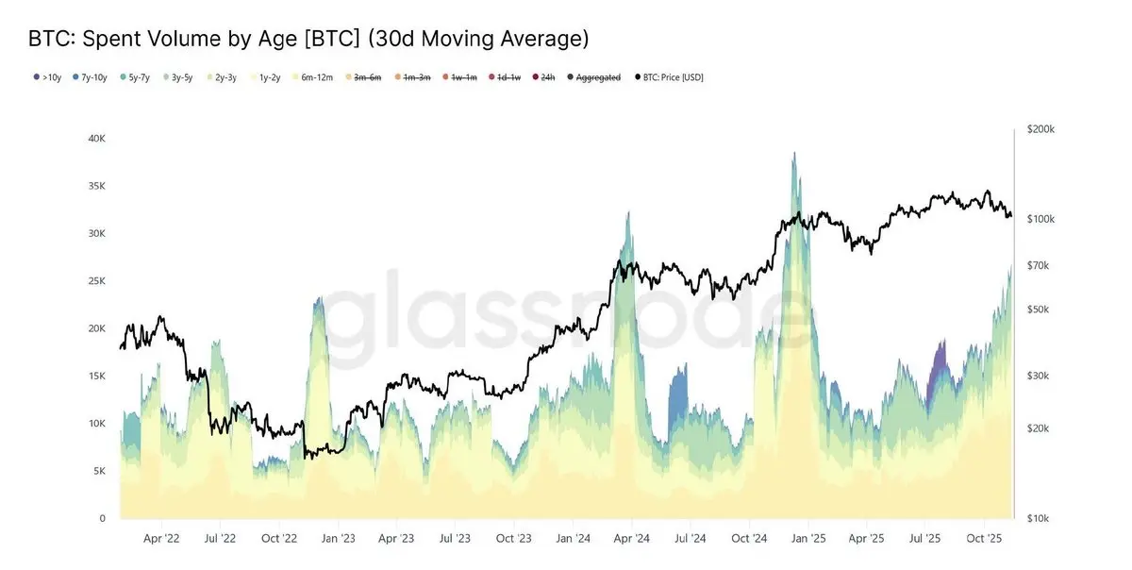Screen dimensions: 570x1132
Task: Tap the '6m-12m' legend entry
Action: pyautogui.click(x=314, y=77)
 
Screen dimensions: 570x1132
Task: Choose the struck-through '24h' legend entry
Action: pyautogui.click(x=544, y=77)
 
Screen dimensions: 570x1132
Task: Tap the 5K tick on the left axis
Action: pyautogui.click(x=98, y=471)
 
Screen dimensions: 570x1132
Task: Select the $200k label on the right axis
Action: pyautogui.click(x=1041, y=128)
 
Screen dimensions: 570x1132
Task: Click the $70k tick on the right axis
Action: pyautogui.click(x=1040, y=266)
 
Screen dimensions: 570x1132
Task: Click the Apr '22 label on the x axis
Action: pyautogui.click(x=160, y=539)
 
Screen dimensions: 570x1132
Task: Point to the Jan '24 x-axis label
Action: pyautogui.click(x=573, y=539)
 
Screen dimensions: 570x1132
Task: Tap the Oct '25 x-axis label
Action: pyautogui.click(x=984, y=539)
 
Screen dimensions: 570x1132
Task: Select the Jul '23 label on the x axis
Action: pyautogui.click(x=455, y=539)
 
